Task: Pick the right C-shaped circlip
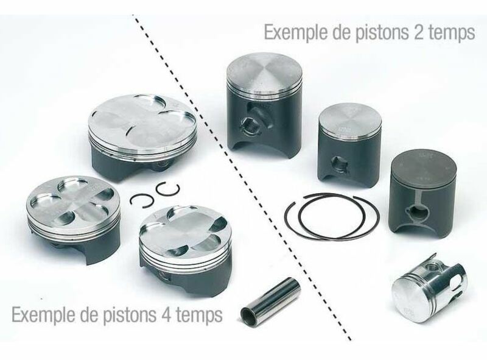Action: [x=164, y=190]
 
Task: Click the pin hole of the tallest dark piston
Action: [x=250, y=125]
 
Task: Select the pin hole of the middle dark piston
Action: [x=339, y=163]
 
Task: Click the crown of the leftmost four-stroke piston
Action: [x=72, y=198]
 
